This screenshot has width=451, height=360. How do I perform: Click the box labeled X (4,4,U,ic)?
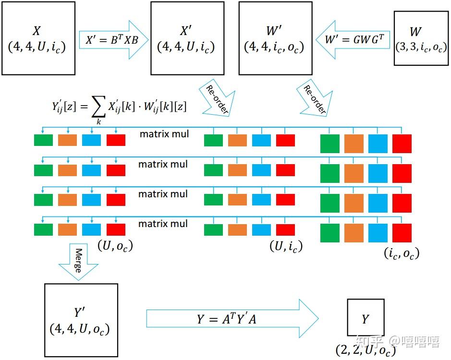pyautogui.click(x=38, y=38)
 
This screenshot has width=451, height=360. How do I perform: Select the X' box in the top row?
pyautogui.click(x=187, y=38)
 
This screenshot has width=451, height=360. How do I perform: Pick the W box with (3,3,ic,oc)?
pyautogui.click(x=416, y=39)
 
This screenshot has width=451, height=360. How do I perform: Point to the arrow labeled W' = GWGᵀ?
pyautogui.click(x=353, y=39)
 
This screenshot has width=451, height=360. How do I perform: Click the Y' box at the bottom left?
pyautogui.click(x=81, y=320)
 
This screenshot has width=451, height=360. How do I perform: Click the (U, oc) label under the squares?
pyautogui.click(x=115, y=246)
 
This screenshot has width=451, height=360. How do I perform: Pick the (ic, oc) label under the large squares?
pyautogui.click(x=402, y=252)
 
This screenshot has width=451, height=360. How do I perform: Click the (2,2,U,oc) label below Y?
pyautogui.click(x=366, y=350)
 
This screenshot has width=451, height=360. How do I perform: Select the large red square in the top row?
pyautogui.click(x=402, y=144)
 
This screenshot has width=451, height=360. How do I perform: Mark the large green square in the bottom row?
pyautogui.click(x=330, y=233)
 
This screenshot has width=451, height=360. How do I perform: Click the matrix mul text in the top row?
pyautogui.click(x=164, y=134)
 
